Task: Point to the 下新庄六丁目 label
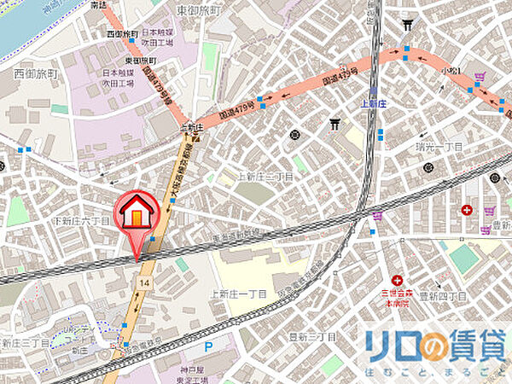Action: [x=83, y=221]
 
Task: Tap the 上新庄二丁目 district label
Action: [x=265, y=177]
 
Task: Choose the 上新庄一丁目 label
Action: [x=238, y=294]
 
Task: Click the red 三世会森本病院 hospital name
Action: [x=398, y=297]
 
